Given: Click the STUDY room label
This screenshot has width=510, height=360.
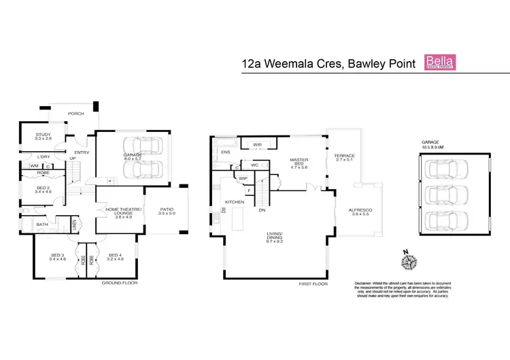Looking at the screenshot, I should coord(44,136).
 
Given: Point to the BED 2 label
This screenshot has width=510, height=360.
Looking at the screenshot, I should coord(43,189).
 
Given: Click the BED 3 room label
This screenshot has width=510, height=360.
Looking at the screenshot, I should coord(56,257).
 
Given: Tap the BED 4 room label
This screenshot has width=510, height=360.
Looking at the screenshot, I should coord(116,257).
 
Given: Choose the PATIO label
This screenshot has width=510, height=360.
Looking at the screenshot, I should coord(167,211).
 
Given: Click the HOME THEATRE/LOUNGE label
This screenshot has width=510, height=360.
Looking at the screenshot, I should coord(124,212).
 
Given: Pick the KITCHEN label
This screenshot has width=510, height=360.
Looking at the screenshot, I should coord(235,202).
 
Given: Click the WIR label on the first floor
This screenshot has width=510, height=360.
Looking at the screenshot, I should coord(257,145).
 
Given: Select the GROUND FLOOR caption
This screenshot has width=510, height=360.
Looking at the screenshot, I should coord(119,282).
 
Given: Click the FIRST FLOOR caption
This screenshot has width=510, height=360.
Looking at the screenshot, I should coord(313,283).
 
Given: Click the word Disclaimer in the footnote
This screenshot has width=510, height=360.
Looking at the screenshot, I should coord(367,283).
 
